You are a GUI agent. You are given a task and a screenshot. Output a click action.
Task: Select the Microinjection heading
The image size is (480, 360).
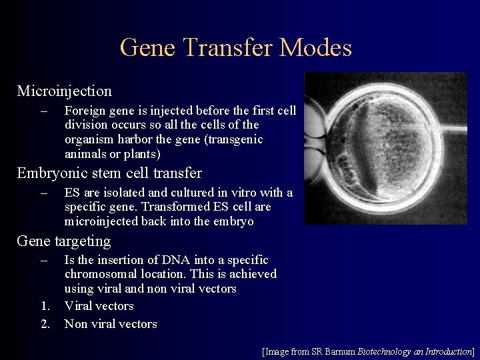pyautogui.click(x=64, y=91)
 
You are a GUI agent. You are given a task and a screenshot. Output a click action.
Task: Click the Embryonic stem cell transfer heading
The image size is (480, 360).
pyautogui.click(x=109, y=173)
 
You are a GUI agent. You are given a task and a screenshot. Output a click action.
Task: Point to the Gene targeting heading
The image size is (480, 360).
pyautogui.click(x=63, y=241)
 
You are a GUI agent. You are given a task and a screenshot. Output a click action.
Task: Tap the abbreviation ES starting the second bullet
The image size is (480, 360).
pyautogui.click(x=72, y=193)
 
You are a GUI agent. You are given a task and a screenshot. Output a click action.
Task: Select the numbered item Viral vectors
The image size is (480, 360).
pyautogui.click(x=99, y=306)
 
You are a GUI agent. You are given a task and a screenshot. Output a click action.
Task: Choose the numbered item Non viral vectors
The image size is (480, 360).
pyautogui.click(x=110, y=324)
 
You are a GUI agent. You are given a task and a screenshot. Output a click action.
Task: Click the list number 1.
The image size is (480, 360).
pyautogui.click(x=44, y=306)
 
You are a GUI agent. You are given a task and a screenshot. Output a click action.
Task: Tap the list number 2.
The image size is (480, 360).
pyautogui.click(x=44, y=324)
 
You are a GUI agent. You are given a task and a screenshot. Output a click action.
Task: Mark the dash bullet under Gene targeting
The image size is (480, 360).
pyautogui.click(x=44, y=260)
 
